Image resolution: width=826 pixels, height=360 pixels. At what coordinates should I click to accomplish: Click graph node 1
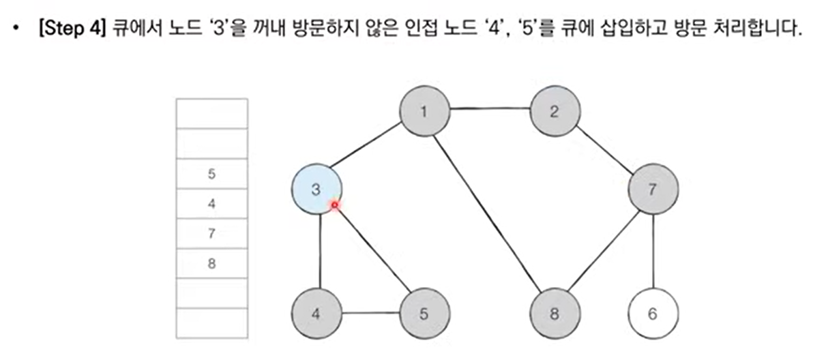click(x=424, y=110)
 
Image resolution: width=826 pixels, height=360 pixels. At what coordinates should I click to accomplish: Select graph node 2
click(x=555, y=110)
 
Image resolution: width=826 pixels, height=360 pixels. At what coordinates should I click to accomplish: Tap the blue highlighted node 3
click(x=316, y=189)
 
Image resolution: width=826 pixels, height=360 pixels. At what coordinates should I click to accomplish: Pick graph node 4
click(x=316, y=314)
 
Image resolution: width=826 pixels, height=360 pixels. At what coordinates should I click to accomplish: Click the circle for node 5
click(x=424, y=314)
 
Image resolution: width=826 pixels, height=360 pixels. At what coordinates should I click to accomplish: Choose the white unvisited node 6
click(x=653, y=314)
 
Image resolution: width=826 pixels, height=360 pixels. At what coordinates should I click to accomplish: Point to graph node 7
click(x=653, y=189)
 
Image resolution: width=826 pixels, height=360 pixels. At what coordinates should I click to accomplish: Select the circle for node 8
click(x=555, y=314)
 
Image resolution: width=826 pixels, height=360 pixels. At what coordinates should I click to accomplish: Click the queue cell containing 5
click(x=212, y=174)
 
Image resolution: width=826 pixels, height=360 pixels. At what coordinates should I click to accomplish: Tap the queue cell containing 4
click(x=212, y=204)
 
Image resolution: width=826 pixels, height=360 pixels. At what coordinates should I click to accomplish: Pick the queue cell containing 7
click(x=212, y=233)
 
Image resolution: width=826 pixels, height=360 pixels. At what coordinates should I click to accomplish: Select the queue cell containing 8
click(x=212, y=263)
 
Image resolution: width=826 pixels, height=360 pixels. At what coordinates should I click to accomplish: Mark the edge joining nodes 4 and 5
click(x=370, y=314)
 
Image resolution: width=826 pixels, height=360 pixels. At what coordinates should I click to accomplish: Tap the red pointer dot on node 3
click(x=334, y=204)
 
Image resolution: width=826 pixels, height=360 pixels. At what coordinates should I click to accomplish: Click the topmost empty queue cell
click(x=212, y=113)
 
